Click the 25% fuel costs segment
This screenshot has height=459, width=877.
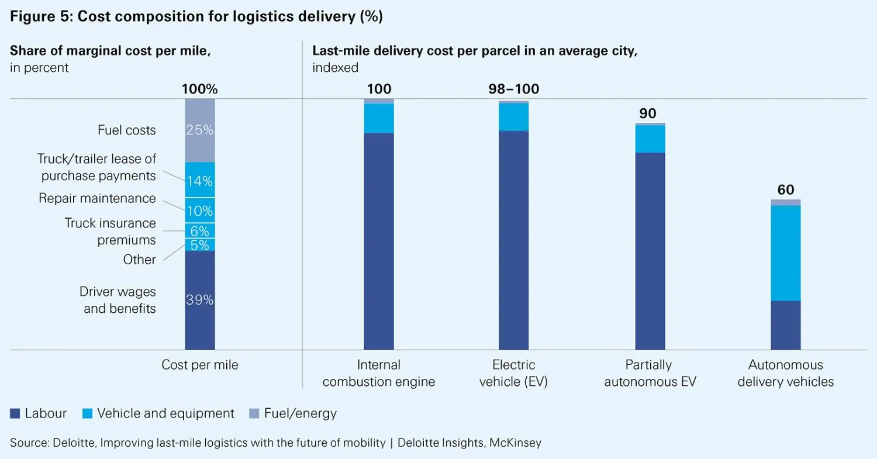(200, 130)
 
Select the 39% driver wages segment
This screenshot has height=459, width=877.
(200, 300)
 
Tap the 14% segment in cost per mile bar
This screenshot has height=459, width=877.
(200, 180)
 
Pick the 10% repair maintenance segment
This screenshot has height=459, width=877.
(200, 210)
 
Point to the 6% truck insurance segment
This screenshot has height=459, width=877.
(200, 231)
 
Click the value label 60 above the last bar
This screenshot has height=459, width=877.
(786, 190)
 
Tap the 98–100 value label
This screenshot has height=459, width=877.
(513, 89)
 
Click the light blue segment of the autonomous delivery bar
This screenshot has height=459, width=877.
(786, 253)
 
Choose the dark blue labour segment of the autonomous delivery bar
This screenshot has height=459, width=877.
(786, 325)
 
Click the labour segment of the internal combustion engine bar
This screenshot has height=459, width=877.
(379, 241)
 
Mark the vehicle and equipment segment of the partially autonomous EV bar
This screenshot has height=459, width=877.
(650, 139)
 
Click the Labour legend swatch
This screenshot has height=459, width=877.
(15, 414)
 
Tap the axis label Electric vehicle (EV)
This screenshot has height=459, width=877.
(513, 373)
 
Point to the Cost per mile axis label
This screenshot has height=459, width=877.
(200, 365)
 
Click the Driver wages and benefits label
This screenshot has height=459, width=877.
(118, 299)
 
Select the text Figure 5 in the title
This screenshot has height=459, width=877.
(37, 17)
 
